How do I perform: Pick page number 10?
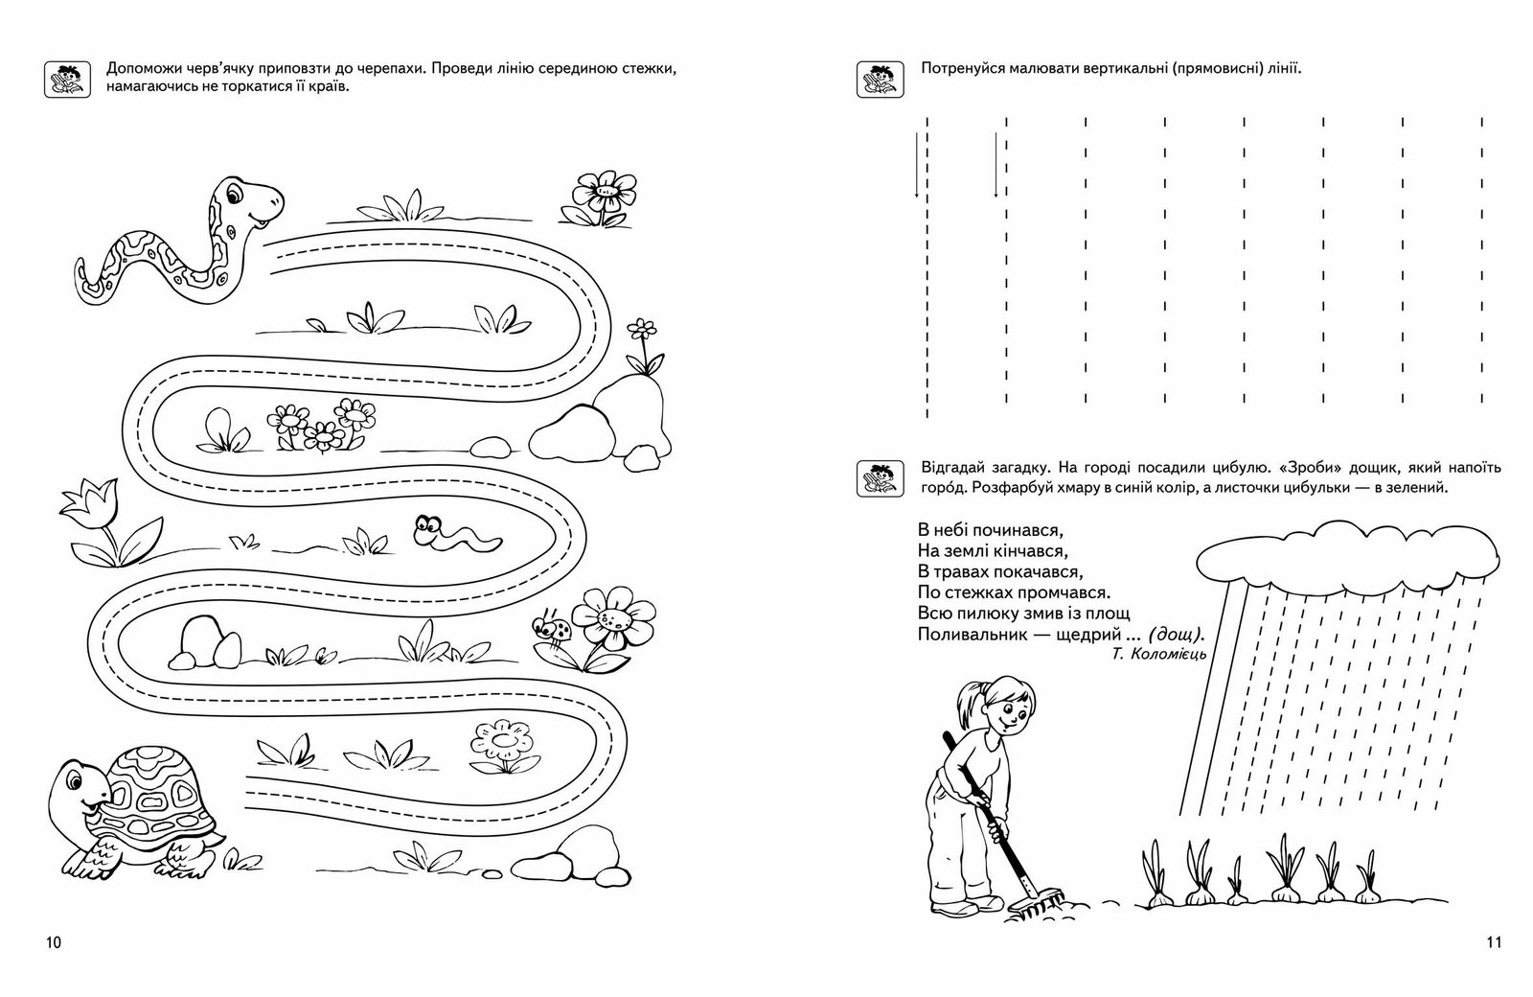pyautogui.click(x=53, y=969)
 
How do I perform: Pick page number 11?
pyautogui.click(x=1493, y=969)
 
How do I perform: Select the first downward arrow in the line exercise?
pyautogui.click(x=917, y=165)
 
